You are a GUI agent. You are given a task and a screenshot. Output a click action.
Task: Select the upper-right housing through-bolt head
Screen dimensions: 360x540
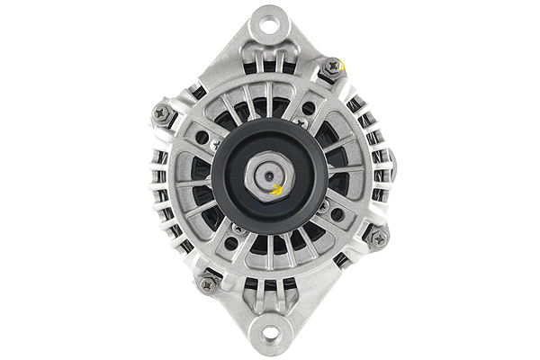(x=332, y=66)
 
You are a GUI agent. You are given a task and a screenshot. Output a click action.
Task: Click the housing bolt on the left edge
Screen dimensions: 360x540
(x=163, y=113)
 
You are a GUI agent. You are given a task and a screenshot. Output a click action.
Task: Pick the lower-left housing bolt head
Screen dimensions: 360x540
(x=208, y=284)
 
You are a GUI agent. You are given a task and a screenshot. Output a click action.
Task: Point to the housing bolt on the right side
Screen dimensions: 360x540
(x=378, y=238)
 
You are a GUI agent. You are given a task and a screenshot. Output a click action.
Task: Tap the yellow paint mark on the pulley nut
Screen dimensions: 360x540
(x=278, y=190)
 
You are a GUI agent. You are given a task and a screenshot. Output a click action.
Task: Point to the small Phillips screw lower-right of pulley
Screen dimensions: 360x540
(x=322, y=207)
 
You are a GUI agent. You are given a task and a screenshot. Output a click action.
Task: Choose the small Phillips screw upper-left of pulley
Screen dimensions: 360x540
(x=216, y=144)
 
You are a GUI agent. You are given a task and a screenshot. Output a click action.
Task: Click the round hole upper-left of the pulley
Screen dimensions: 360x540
(x=202, y=138)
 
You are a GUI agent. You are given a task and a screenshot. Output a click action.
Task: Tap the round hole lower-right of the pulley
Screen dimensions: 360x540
(x=337, y=214)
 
